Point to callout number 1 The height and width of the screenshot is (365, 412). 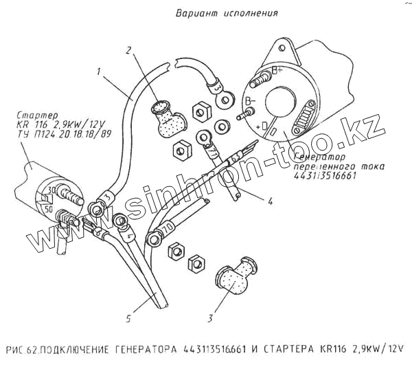(100, 71)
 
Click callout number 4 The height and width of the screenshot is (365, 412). (271, 201)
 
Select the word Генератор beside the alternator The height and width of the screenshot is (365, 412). (317, 157)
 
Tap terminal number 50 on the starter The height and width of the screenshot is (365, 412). (47, 207)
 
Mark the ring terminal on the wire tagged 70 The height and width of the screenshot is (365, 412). (153, 240)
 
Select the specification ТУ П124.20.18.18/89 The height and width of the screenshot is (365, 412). (60, 135)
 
